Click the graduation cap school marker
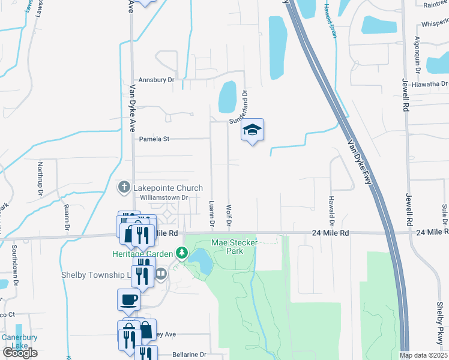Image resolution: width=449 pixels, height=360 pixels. (x=253, y=130)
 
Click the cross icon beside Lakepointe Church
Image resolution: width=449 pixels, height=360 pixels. (x=124, y=187)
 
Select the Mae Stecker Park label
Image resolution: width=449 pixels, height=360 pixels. (x=228, y=247)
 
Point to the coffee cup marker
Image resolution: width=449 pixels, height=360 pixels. (x=129, y=299)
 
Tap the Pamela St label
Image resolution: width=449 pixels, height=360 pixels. (x=155, y=139)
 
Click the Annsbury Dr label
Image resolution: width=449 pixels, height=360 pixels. (x=156, y=79)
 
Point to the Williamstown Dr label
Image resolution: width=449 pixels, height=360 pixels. (x=164, y=197)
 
